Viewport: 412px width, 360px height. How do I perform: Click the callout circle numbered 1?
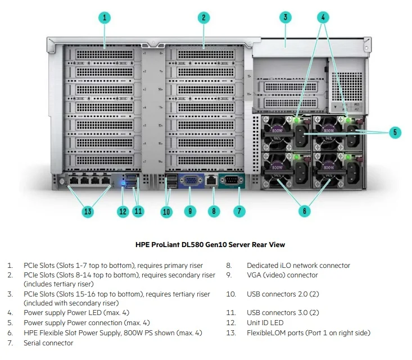pyautogui.click(x=105, y=17)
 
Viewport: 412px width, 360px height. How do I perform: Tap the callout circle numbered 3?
pyautogui.click(x=286, y=17)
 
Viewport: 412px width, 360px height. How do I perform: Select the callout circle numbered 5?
pyautogui.click(x=395, y=133)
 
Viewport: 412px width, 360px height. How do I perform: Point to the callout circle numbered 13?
pyautogui.click(x=88, y=212)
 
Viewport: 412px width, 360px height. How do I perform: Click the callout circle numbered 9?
pyautogui.click(x=191, y=212)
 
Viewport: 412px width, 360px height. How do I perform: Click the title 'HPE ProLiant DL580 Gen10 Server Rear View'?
pyautogui.click(x=210, y=245)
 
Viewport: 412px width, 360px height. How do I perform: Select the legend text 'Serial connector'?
pyautogui.click(x=48, y=343)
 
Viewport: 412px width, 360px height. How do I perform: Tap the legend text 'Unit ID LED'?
pyautogui.click(x=265, y=323)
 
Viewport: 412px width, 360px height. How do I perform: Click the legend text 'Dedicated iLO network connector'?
pyautogui.click(x=298, y=266)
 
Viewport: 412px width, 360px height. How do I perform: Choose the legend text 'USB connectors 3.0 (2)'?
pyautogui.click(x=283, y=312)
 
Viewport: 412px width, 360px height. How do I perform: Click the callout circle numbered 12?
pyautogui.click(x=123, y=212)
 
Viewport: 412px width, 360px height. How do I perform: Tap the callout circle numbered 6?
pyautogui.click(x=304, y=212)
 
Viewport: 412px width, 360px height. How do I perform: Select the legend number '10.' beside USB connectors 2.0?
pyautogui.click(x=231, y=294)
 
